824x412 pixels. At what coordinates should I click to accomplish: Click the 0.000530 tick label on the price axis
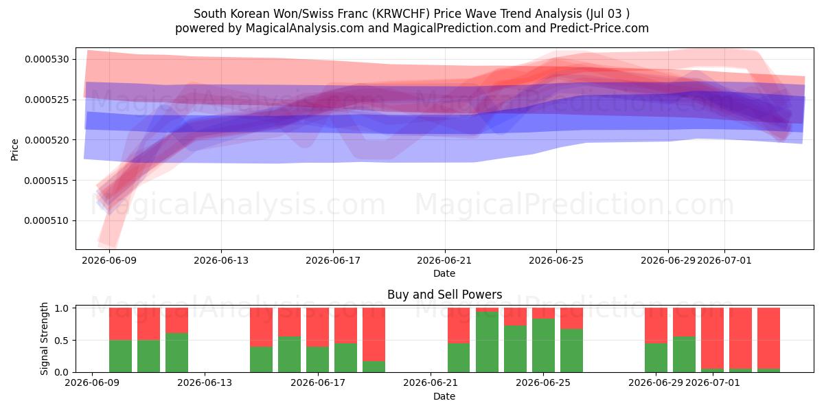coord(47,59)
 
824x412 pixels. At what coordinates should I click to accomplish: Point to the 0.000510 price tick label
coord(47,220)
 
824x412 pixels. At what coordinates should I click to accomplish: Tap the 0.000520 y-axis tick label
coord(47,140)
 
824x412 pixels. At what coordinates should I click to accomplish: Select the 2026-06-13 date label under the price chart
coord(221,261)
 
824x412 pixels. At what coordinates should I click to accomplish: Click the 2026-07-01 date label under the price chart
coord(724,261)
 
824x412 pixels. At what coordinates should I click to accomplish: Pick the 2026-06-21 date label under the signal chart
coord(431,383)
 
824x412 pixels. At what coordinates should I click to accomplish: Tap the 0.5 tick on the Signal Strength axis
coord(61,341)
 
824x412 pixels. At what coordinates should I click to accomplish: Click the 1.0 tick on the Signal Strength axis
coord(61,308)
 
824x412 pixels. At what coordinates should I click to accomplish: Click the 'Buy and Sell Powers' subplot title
coord(445,295)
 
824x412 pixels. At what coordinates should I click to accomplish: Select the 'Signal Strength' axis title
coord(44,339)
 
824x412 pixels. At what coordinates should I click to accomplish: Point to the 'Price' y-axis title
coord(14,150)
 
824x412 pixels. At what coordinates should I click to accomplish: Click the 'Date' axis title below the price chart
coord(444,274)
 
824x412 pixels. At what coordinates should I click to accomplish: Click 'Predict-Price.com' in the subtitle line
coord(599,28)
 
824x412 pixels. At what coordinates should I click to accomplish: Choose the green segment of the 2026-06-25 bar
coord(543,345)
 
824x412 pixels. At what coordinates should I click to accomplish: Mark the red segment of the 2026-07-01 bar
coord(713,338)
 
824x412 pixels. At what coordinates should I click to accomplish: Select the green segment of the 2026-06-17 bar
coord(317,359)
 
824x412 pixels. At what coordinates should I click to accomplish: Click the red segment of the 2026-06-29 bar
coord(656,325)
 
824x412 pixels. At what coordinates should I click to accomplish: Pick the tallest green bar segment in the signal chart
coord(487,342)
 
